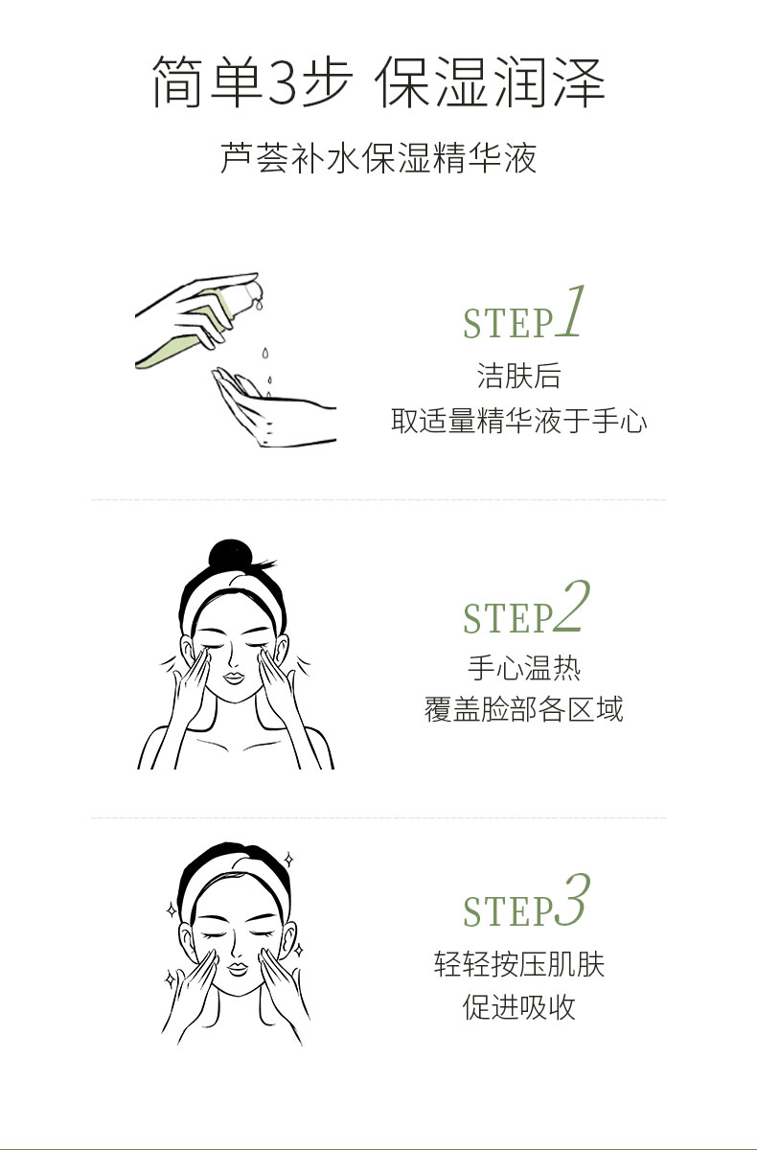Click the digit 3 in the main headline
pos(283,82)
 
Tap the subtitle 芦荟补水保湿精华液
pos(378,157)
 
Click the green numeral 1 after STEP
pos(570,311)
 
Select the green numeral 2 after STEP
pos(571,606)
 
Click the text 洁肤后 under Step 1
pos(518,376)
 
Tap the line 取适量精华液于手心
pos(518,421)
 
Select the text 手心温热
pos(523,668)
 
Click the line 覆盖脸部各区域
pos(523,709)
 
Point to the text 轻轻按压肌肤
pos(518,964)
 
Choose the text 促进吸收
pos(518,1007)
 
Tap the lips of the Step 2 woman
pos(234,678)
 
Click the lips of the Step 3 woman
pos(238,969)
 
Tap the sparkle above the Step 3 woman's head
pos(289,860)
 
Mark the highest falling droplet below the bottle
pos(264,353)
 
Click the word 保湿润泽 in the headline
pos(491,82)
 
